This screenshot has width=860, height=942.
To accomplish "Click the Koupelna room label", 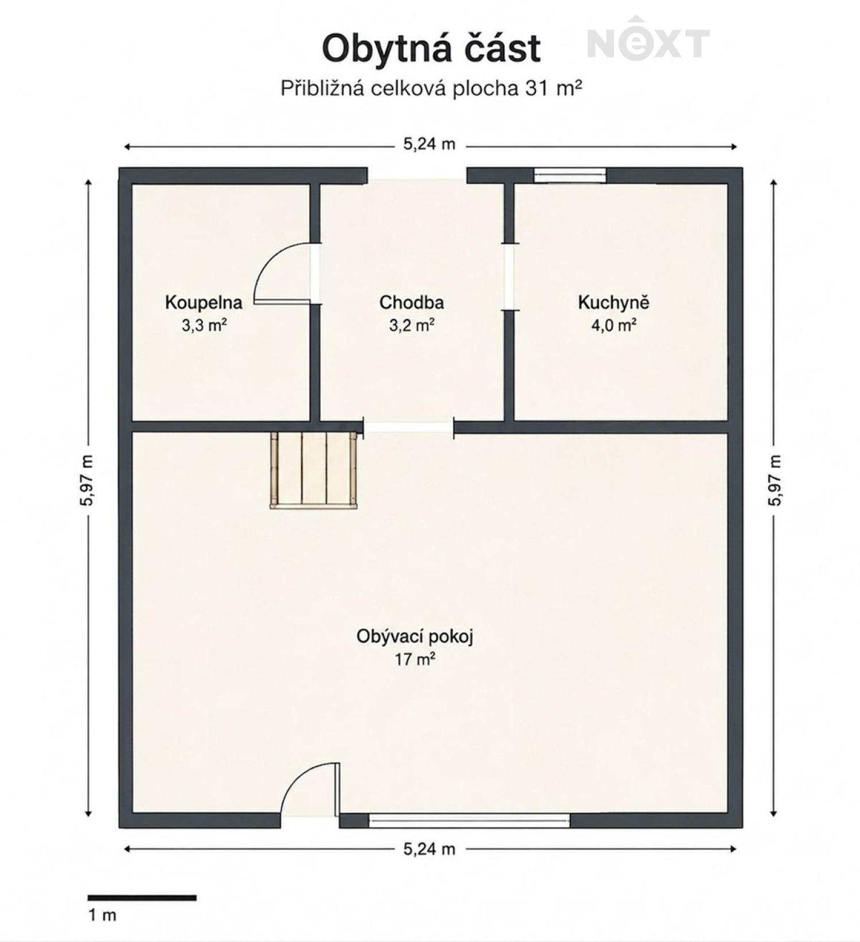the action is pyautogui.click(x=204, y=302).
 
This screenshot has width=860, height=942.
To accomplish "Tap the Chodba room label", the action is pyautogui.click(x=412, y=302).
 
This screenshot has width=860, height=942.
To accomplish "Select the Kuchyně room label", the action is pyautogui.click(x=613, y=302).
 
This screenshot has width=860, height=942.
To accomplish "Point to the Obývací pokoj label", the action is pyautogui.click(x=415, y=637).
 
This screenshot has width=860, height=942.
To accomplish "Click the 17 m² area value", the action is pyautogui.click(x=415, y=660).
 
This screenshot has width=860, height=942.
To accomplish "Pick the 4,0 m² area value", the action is pyautogui.click(x=613, y=325).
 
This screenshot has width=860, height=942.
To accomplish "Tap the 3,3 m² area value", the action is pyautogui.click(x=204, y=326).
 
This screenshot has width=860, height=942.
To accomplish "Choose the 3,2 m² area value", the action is pyautogui.click(x=412, y=326).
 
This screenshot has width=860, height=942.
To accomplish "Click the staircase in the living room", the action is pyautogui.click(x=314, y=470).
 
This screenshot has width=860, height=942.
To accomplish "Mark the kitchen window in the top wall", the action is pyautogui.click(x=570, y=175).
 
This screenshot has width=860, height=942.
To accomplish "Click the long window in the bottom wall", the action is pyautogui.click(x=469, y=820).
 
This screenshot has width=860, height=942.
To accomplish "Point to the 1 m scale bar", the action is pyautogui.click(x=142, y=898).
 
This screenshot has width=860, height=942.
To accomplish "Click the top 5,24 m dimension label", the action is pyautogui.click(x=429, y=144).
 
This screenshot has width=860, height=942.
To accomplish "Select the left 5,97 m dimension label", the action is pyautogui.click(x=87, y=480).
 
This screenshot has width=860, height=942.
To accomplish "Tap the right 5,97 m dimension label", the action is pyautogui.click(x=775, y=480).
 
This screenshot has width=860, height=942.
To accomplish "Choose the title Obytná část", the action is pyautogui.click(x=431, y=48).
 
